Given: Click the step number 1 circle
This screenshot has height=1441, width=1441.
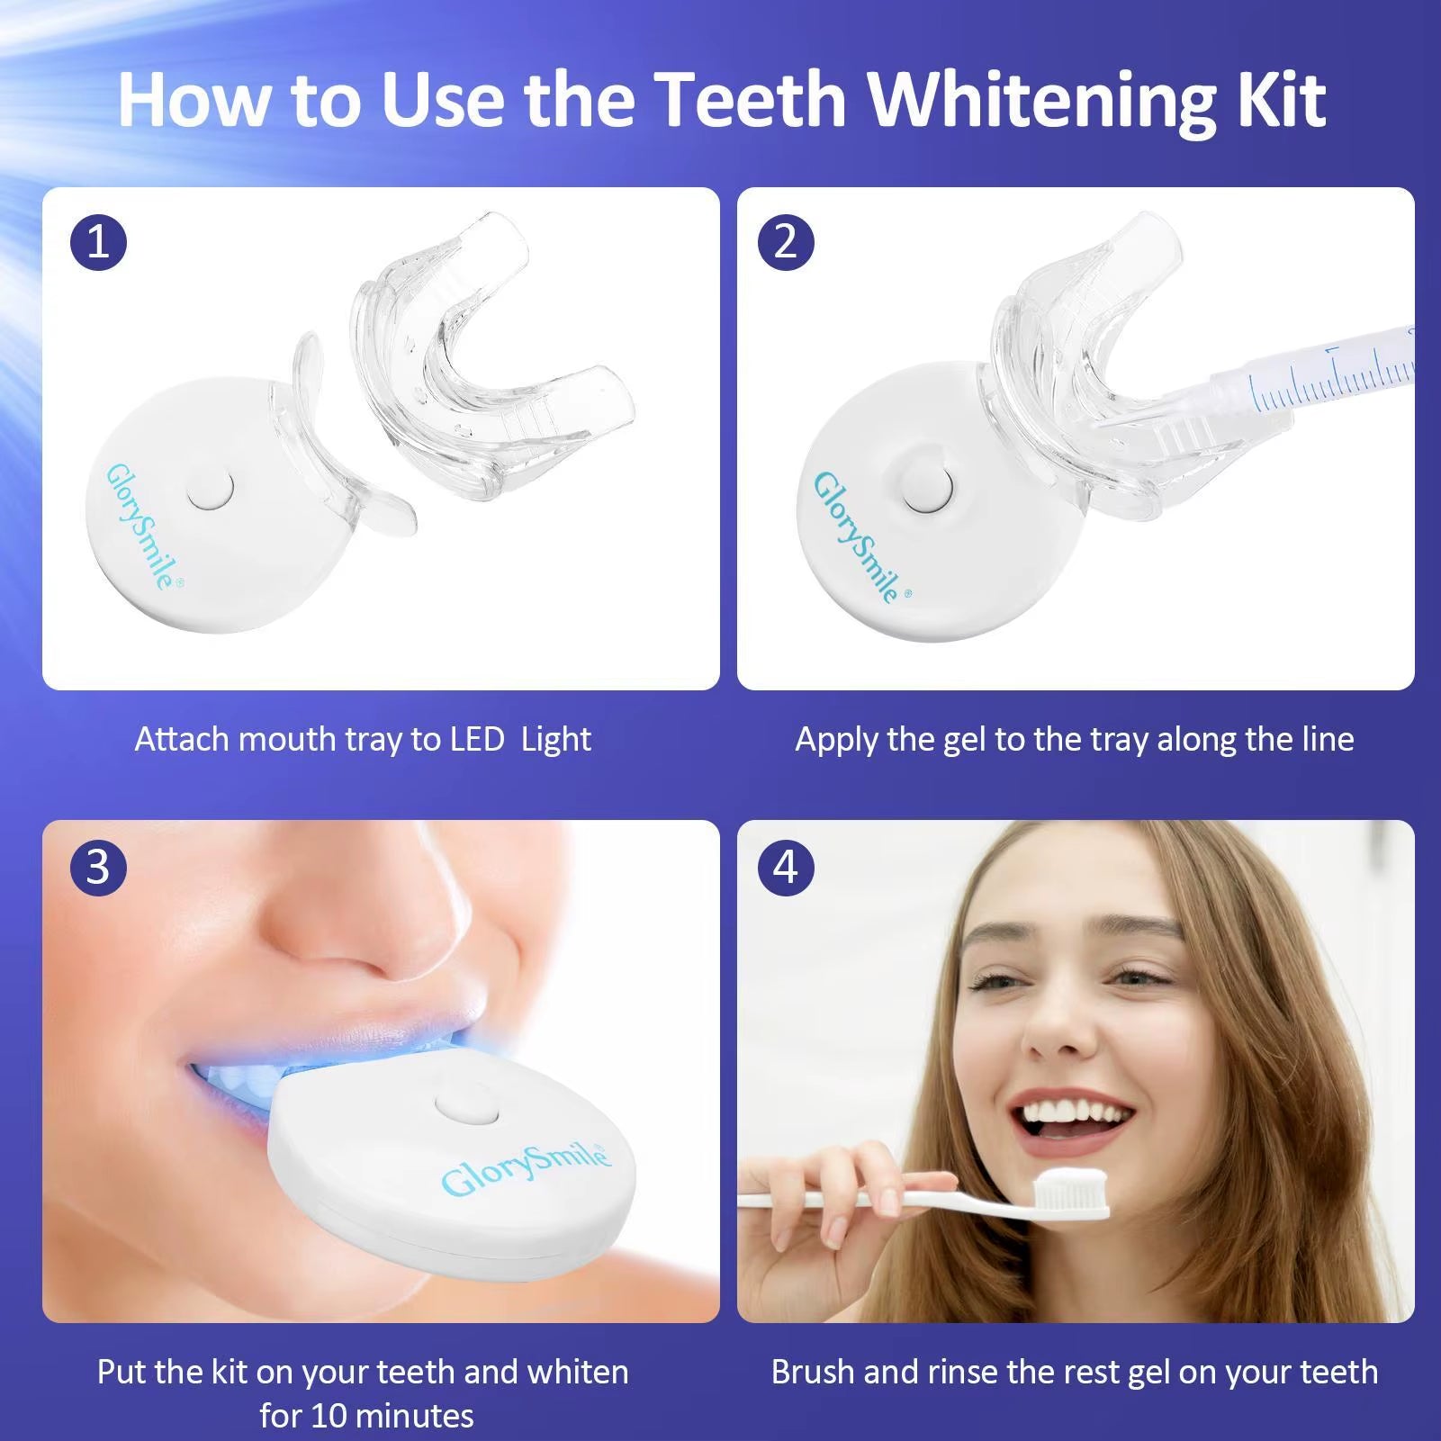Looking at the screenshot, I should click(x=98, y=242).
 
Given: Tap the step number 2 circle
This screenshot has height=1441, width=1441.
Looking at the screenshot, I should click(x=786, y=242).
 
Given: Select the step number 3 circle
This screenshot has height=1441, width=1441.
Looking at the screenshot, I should click(x=98, y=868).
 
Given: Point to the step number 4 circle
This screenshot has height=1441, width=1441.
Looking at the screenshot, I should click(x=786, y=868).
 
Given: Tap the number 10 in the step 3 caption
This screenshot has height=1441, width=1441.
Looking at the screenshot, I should click(x=335, y=1417).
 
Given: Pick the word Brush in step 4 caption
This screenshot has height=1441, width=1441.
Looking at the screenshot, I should click(x=813, y=1373).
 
